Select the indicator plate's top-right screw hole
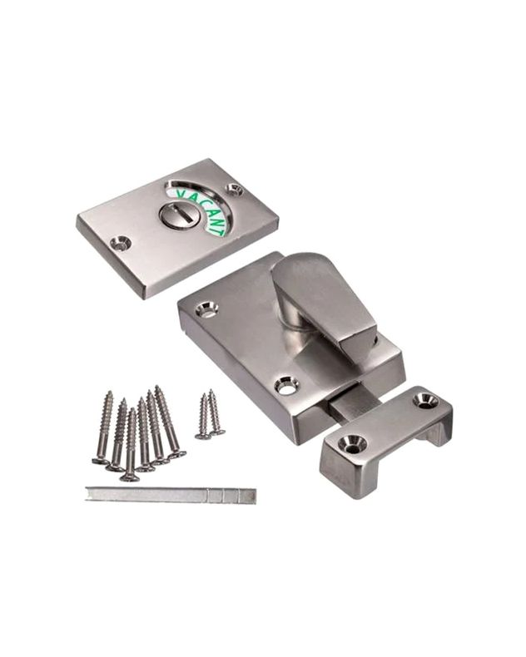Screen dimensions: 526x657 pos(235,190)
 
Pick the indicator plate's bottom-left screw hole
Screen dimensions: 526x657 pos(121,244)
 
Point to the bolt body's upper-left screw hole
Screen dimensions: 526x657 pos(206,310)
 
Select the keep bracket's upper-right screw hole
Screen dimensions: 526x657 pos(426,400)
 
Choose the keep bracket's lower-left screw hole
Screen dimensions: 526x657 pos(352,444)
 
